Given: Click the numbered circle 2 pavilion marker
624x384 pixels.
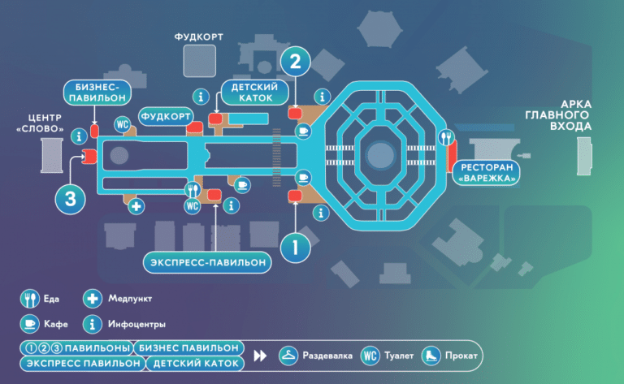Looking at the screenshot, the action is pyautogui.click(x=295, y=62).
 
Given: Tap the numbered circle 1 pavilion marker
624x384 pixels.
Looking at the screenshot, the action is pyautogui.click(x=295, y=248).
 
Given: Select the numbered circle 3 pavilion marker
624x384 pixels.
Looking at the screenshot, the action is pyautogui.click(x=71, y=199).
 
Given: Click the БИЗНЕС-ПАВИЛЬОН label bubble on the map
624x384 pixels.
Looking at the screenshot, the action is pyautogui.click(x=97, y=93).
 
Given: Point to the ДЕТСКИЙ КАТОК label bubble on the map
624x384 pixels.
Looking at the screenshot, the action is pyautogui.click(x=254, y=93).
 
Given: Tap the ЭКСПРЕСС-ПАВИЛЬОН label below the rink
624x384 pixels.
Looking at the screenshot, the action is pyautogui.click(x=207, y=262).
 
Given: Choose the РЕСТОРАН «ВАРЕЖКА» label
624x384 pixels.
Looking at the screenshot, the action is pyautogui.click(x=487, y=173).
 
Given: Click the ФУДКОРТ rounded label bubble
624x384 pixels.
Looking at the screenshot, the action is pyautogui.click(x=166, y=116).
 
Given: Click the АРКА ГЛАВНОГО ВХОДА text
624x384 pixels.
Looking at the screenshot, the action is pyautogui.click(x=558, y=115).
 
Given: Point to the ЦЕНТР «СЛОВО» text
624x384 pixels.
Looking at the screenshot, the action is pyautogui.click(x=40, y=123).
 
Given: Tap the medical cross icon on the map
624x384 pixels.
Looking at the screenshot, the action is pyautogui.click(x=136, y=206).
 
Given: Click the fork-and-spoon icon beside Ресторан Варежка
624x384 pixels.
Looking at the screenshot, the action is pyautogui.click(x=446, y=137).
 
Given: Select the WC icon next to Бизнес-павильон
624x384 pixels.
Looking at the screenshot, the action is pyautogui.click(x=122, y=124).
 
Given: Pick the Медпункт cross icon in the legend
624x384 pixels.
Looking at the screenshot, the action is pyautogui.click(x=93, y=299).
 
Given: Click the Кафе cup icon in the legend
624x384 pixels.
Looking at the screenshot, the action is pyautogui.click(x=30, y=324).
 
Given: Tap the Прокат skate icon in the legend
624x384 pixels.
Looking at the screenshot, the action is pyautogui.click(x=431, y=356).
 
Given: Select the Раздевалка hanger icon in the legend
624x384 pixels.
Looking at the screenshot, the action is pyautogui.click(x=288, y=356).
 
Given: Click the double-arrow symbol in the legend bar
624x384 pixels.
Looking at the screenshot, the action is pyautogui.click(x=260, y=356).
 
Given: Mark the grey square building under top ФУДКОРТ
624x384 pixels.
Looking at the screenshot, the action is pyautogui.click(x=199, y=61).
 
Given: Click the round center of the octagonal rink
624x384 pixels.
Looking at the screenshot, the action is pyautogui.click(x=381, y=155).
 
